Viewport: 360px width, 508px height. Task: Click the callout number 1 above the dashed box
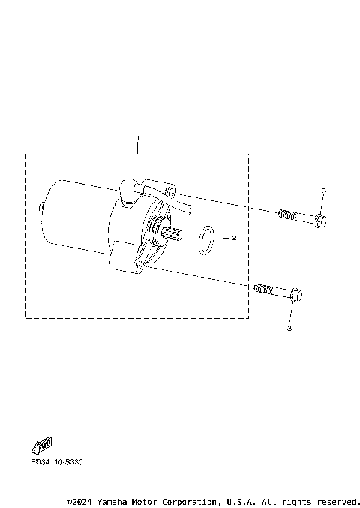pos(138,140)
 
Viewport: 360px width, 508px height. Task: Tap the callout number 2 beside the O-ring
pos(234,238)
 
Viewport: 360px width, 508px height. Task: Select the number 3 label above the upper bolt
pos(322,193)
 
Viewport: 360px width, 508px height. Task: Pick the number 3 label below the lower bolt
pos(289,328)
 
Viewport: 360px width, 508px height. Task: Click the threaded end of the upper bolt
pos(286,215)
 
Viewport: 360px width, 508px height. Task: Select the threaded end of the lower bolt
pos(262,287)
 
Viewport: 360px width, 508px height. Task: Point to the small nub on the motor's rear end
pos(40,206)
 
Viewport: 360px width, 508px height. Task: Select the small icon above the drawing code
pos(43,446)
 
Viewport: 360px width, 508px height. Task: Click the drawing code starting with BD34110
pos(57,462)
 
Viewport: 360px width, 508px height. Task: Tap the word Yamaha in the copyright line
pos(110,501)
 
